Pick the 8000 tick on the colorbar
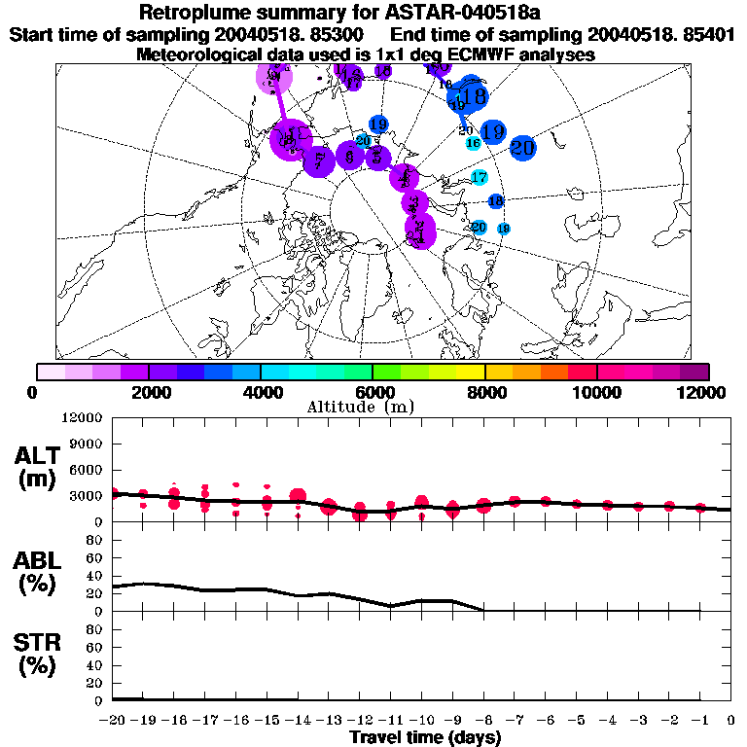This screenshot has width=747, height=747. [x=484, y=392]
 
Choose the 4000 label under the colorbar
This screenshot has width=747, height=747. [x=261, y=392]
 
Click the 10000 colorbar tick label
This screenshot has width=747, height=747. [x=596, y=392]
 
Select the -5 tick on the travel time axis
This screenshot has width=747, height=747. [x=576, y=720]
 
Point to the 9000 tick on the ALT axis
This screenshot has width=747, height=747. [x=89, y=443]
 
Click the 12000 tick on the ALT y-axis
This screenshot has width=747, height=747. [x=85, y=417]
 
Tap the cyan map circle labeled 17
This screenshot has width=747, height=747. [x=479, y=177]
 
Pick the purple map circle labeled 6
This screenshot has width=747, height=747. [x=349, y=156]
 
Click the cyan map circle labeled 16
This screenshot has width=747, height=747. [x=474, y=143]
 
